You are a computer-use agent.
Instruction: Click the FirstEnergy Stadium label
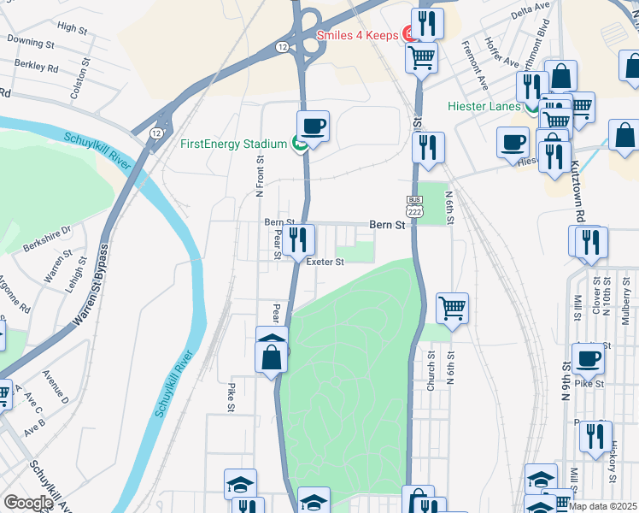[x=233, y=144]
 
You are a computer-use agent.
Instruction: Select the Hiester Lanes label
[x=484, y=106]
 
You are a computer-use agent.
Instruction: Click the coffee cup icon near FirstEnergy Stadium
[x=313, y=126]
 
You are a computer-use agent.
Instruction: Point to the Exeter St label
[x=325, y=262]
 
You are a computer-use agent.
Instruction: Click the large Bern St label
[x=386, y=225]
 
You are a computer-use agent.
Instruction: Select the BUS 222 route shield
[x=415, y=207]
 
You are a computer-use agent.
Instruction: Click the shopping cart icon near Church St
[x=452, y=307]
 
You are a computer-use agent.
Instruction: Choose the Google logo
[x=28, y=503]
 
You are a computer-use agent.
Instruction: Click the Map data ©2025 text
[x=603, y=506]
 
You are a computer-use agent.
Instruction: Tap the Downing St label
[x=31, y=41]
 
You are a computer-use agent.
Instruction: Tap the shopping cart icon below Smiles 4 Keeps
[x=421, y=57]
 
